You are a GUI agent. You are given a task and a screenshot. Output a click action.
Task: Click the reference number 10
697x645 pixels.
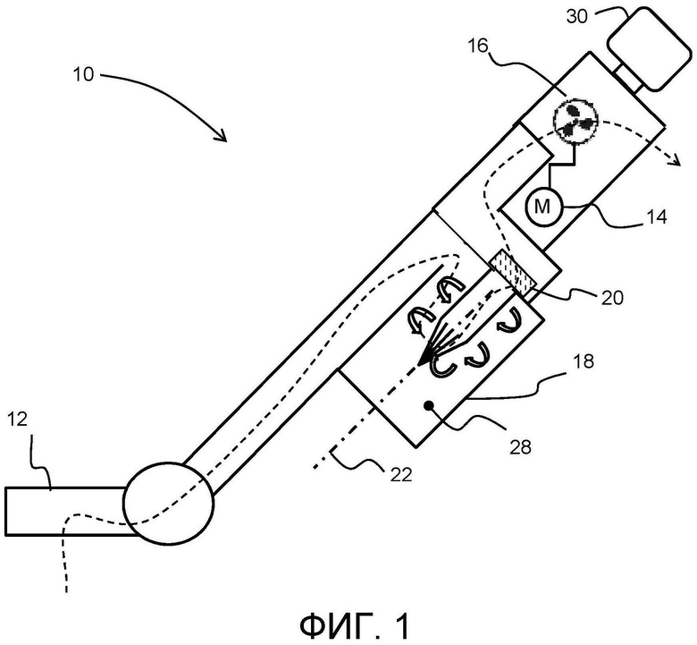click(x=84, y=74)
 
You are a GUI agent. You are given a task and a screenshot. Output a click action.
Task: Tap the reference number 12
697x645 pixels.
click(x=17, y=420)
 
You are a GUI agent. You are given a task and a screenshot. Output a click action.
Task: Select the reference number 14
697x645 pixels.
click(x=656, y=217)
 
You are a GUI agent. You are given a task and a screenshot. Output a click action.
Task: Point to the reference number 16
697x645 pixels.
click(x=478, y=46)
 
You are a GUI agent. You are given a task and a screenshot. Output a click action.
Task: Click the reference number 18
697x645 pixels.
click(x=584, y=361)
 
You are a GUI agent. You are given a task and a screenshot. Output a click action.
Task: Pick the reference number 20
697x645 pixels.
click(x=612, y=298)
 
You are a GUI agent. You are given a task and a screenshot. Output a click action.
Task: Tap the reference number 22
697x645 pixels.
click(x=401, y=475)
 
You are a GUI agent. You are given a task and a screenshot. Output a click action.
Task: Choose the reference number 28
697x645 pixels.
click(x=520, y=447)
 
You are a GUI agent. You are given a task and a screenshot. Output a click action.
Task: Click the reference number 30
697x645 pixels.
click(x=577, y=16)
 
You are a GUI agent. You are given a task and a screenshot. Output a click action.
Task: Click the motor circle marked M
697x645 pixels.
click(x=544, y=207)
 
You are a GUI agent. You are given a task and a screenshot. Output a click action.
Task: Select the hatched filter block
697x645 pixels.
click(x=513, y=275)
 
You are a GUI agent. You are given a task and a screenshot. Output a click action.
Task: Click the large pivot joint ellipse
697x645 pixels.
click(x=169, y=503)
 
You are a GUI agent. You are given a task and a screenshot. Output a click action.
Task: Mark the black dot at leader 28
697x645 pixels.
click(x=430, y=405)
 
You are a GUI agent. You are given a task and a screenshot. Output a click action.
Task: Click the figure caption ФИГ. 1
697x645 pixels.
click(x=354, y=626)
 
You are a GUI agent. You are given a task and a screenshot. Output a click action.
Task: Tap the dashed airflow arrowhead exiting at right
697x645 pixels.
click(x=676, y=159)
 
